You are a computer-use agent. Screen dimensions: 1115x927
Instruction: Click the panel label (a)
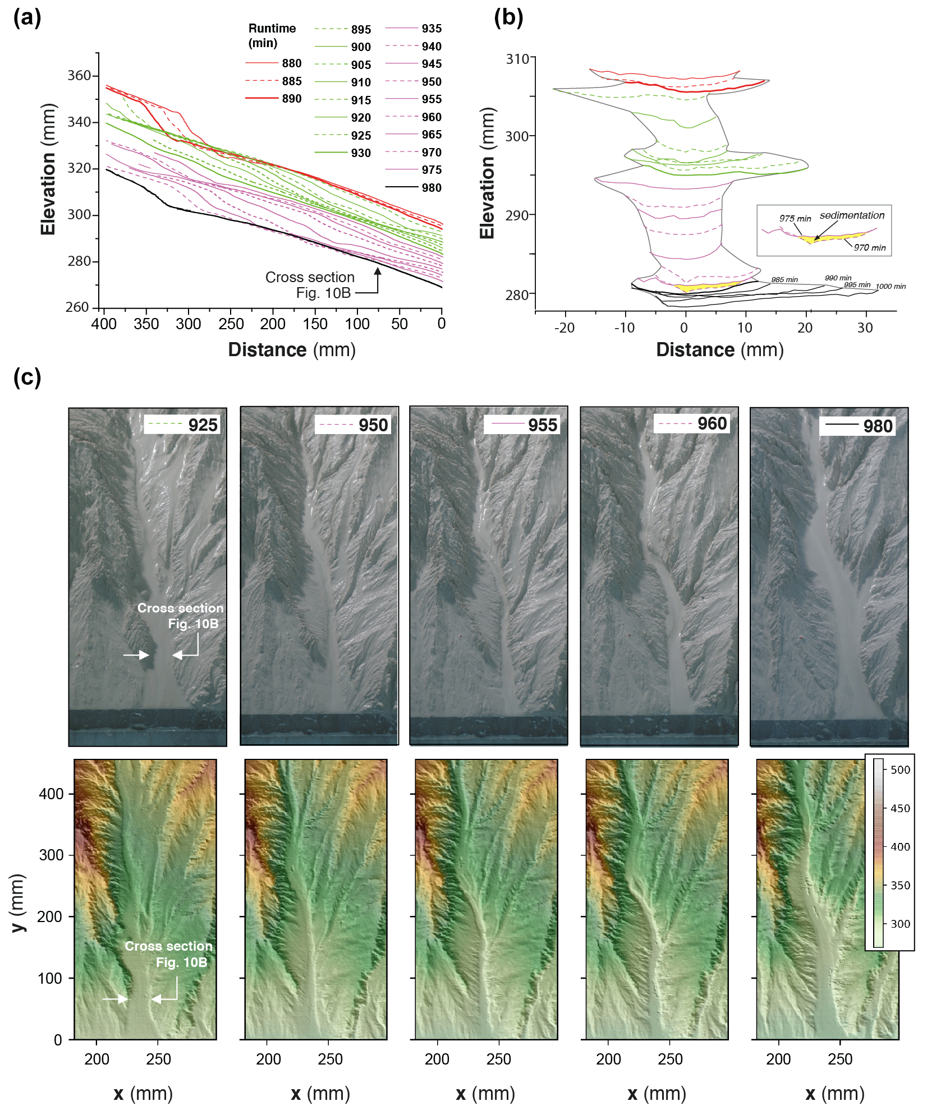tap(27, 18)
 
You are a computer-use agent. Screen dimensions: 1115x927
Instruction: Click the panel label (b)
tap(508, 18)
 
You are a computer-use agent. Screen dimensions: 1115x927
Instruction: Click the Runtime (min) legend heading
tap(272, 35)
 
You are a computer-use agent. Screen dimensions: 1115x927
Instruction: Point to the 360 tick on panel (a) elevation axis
tap(79, 76)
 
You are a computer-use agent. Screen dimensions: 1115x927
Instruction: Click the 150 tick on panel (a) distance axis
tap(315, 324)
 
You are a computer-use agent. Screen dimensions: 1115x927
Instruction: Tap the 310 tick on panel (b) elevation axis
tap(517, 59)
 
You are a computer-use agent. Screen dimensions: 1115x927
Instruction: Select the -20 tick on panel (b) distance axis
tap(564, 328)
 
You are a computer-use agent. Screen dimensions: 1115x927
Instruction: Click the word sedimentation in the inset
tap(852, 215)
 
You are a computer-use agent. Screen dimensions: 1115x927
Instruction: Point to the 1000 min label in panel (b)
tap(891, 287)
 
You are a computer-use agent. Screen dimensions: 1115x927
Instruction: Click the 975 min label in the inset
tap(795, 218)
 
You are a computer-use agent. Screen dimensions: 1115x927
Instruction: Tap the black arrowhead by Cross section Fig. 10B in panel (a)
tap(378, 271)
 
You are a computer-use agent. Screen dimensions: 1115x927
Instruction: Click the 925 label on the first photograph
tap(203, 425)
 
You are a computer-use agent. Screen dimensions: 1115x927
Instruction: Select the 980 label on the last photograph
tap(878, 426)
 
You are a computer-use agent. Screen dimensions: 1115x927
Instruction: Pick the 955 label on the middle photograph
tap(542, 425)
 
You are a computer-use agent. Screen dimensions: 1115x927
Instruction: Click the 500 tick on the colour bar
tap(900, 770)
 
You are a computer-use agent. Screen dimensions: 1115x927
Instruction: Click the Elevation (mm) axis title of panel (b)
tap(487, 173)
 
